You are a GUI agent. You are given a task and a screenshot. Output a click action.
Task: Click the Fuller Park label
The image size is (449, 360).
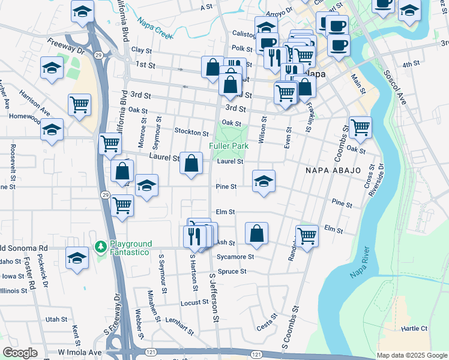pyautogui.click(x=229, y=146)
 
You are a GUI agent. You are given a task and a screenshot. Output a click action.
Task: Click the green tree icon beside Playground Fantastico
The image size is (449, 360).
pyautogui.click(x=100, y=247)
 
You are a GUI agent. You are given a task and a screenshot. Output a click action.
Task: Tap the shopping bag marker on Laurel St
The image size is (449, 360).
pyautogui.click(x=191, y=163)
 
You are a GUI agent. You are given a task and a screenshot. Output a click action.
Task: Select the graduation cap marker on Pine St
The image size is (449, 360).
pyautogui.click(x=264, y=181)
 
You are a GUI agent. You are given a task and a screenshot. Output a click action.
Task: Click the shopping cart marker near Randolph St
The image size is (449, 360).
pyautogui.click(x=307, y=236)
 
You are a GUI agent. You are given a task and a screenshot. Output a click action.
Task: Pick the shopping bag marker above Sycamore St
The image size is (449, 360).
pyautogui.click(x=256, y=233)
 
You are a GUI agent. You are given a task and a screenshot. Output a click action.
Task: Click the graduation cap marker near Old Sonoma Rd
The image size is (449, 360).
pyautogui.click(x=76, y=257)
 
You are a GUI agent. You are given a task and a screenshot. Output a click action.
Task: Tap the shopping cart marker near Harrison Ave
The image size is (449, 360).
pyautogui.click(x=79, y=105)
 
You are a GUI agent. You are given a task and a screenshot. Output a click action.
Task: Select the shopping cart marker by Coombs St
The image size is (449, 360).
pyautogui.click(x=360, y=127)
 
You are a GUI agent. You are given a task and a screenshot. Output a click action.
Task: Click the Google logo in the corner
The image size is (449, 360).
pyautogui.click(x=20, y=353)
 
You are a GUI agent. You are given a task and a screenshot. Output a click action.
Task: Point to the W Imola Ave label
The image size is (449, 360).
pyautogui.click(x=79, y=352)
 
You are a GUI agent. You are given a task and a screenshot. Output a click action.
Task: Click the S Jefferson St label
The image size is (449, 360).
pyautogui.click(x=213, y=297)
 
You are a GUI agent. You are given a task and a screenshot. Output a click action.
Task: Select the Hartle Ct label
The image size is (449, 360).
pyautogui.click(x=414, y=329)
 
